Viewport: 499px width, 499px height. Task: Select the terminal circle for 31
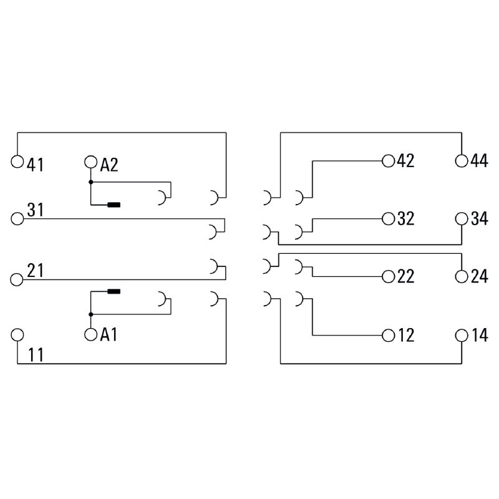17,218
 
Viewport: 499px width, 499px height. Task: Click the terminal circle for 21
17,278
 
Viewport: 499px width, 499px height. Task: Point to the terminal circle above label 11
17,335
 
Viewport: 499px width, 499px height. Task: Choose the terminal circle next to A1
91,335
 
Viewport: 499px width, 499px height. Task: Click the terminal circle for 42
389,161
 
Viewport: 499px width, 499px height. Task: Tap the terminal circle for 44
462,161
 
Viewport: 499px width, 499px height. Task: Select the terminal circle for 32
389,218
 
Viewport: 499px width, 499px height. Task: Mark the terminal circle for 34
462,218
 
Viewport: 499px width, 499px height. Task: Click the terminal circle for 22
389,276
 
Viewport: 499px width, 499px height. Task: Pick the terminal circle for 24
462,276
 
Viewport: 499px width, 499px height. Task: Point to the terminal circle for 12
389,335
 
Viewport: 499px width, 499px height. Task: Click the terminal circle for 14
462,335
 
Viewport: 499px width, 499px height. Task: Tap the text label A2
109,165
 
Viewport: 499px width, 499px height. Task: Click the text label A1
109,336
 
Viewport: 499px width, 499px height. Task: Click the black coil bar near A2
114,205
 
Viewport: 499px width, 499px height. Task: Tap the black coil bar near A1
114,291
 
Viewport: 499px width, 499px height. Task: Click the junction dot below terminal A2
91,182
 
